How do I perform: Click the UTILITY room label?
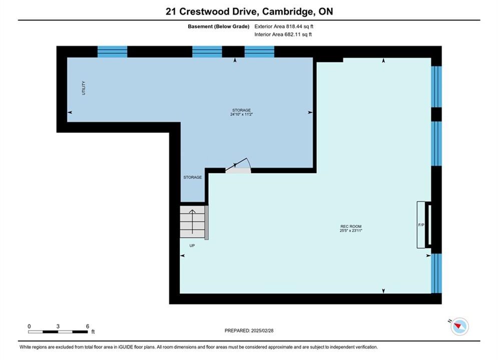coord(84,88)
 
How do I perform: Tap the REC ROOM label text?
coord(351,226)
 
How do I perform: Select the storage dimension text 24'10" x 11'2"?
coord(241,114)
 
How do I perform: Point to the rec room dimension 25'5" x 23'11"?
coord(351,230)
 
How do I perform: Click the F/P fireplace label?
coord(421,225)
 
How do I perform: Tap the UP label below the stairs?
coord(192,245)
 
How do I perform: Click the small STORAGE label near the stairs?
coord(193,177)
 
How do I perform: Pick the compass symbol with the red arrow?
coord(459,326)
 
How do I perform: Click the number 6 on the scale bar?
coord(88,326)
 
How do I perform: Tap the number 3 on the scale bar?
coord(58,326)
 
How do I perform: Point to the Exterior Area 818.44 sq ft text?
coord(284,26)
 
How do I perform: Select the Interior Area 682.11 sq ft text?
coord(283,34)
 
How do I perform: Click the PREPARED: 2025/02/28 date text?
coord(249,330)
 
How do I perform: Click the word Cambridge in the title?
coord(287,11)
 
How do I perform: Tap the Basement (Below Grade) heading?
coord(219,26)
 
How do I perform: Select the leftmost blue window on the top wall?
coord(112,51)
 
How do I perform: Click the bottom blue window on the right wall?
coord(436,273)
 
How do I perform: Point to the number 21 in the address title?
coord(171,11)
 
